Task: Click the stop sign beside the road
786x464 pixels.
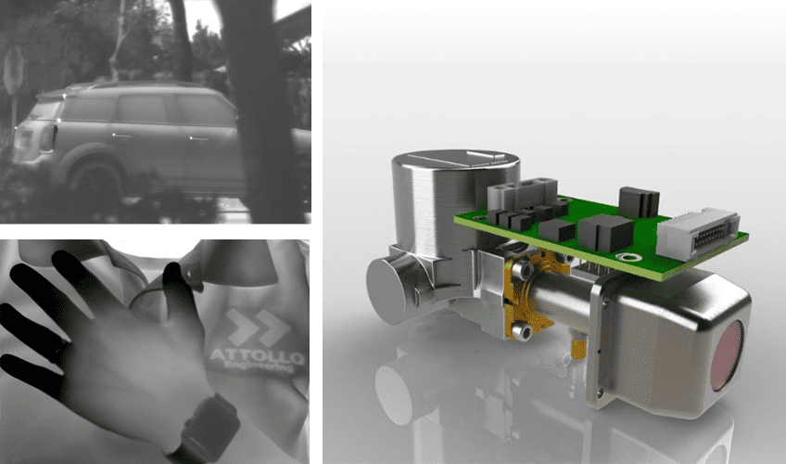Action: click(x=14, y=70)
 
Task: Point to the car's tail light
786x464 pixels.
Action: click(x=47, y=138)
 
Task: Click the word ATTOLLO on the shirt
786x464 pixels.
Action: click(x=257, y=356)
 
